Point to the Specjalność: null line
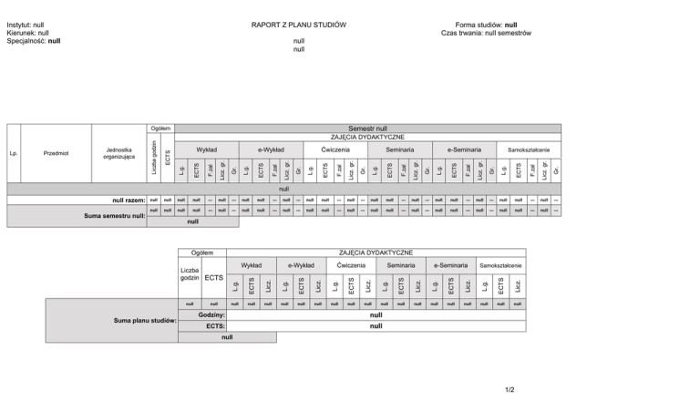point(34,41)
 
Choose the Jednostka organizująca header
point(120,153)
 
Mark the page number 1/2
point(508,390)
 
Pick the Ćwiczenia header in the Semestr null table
point(335,149)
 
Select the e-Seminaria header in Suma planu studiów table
point(453,265)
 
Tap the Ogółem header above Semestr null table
point(160,129)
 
